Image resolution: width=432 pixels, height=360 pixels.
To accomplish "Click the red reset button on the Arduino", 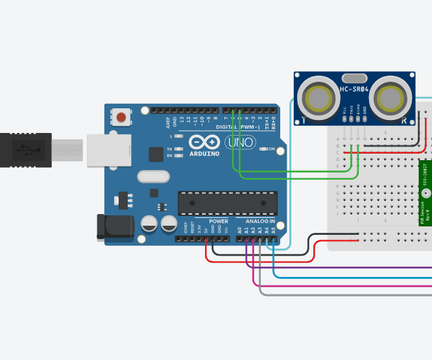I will [x=121, y=118].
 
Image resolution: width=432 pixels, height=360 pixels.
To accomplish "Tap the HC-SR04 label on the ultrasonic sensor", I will [x=355, y=90].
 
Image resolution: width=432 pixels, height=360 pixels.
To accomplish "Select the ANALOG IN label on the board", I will [x=259, y=221].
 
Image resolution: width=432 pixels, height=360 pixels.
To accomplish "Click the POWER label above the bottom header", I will [x=219, y=221].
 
